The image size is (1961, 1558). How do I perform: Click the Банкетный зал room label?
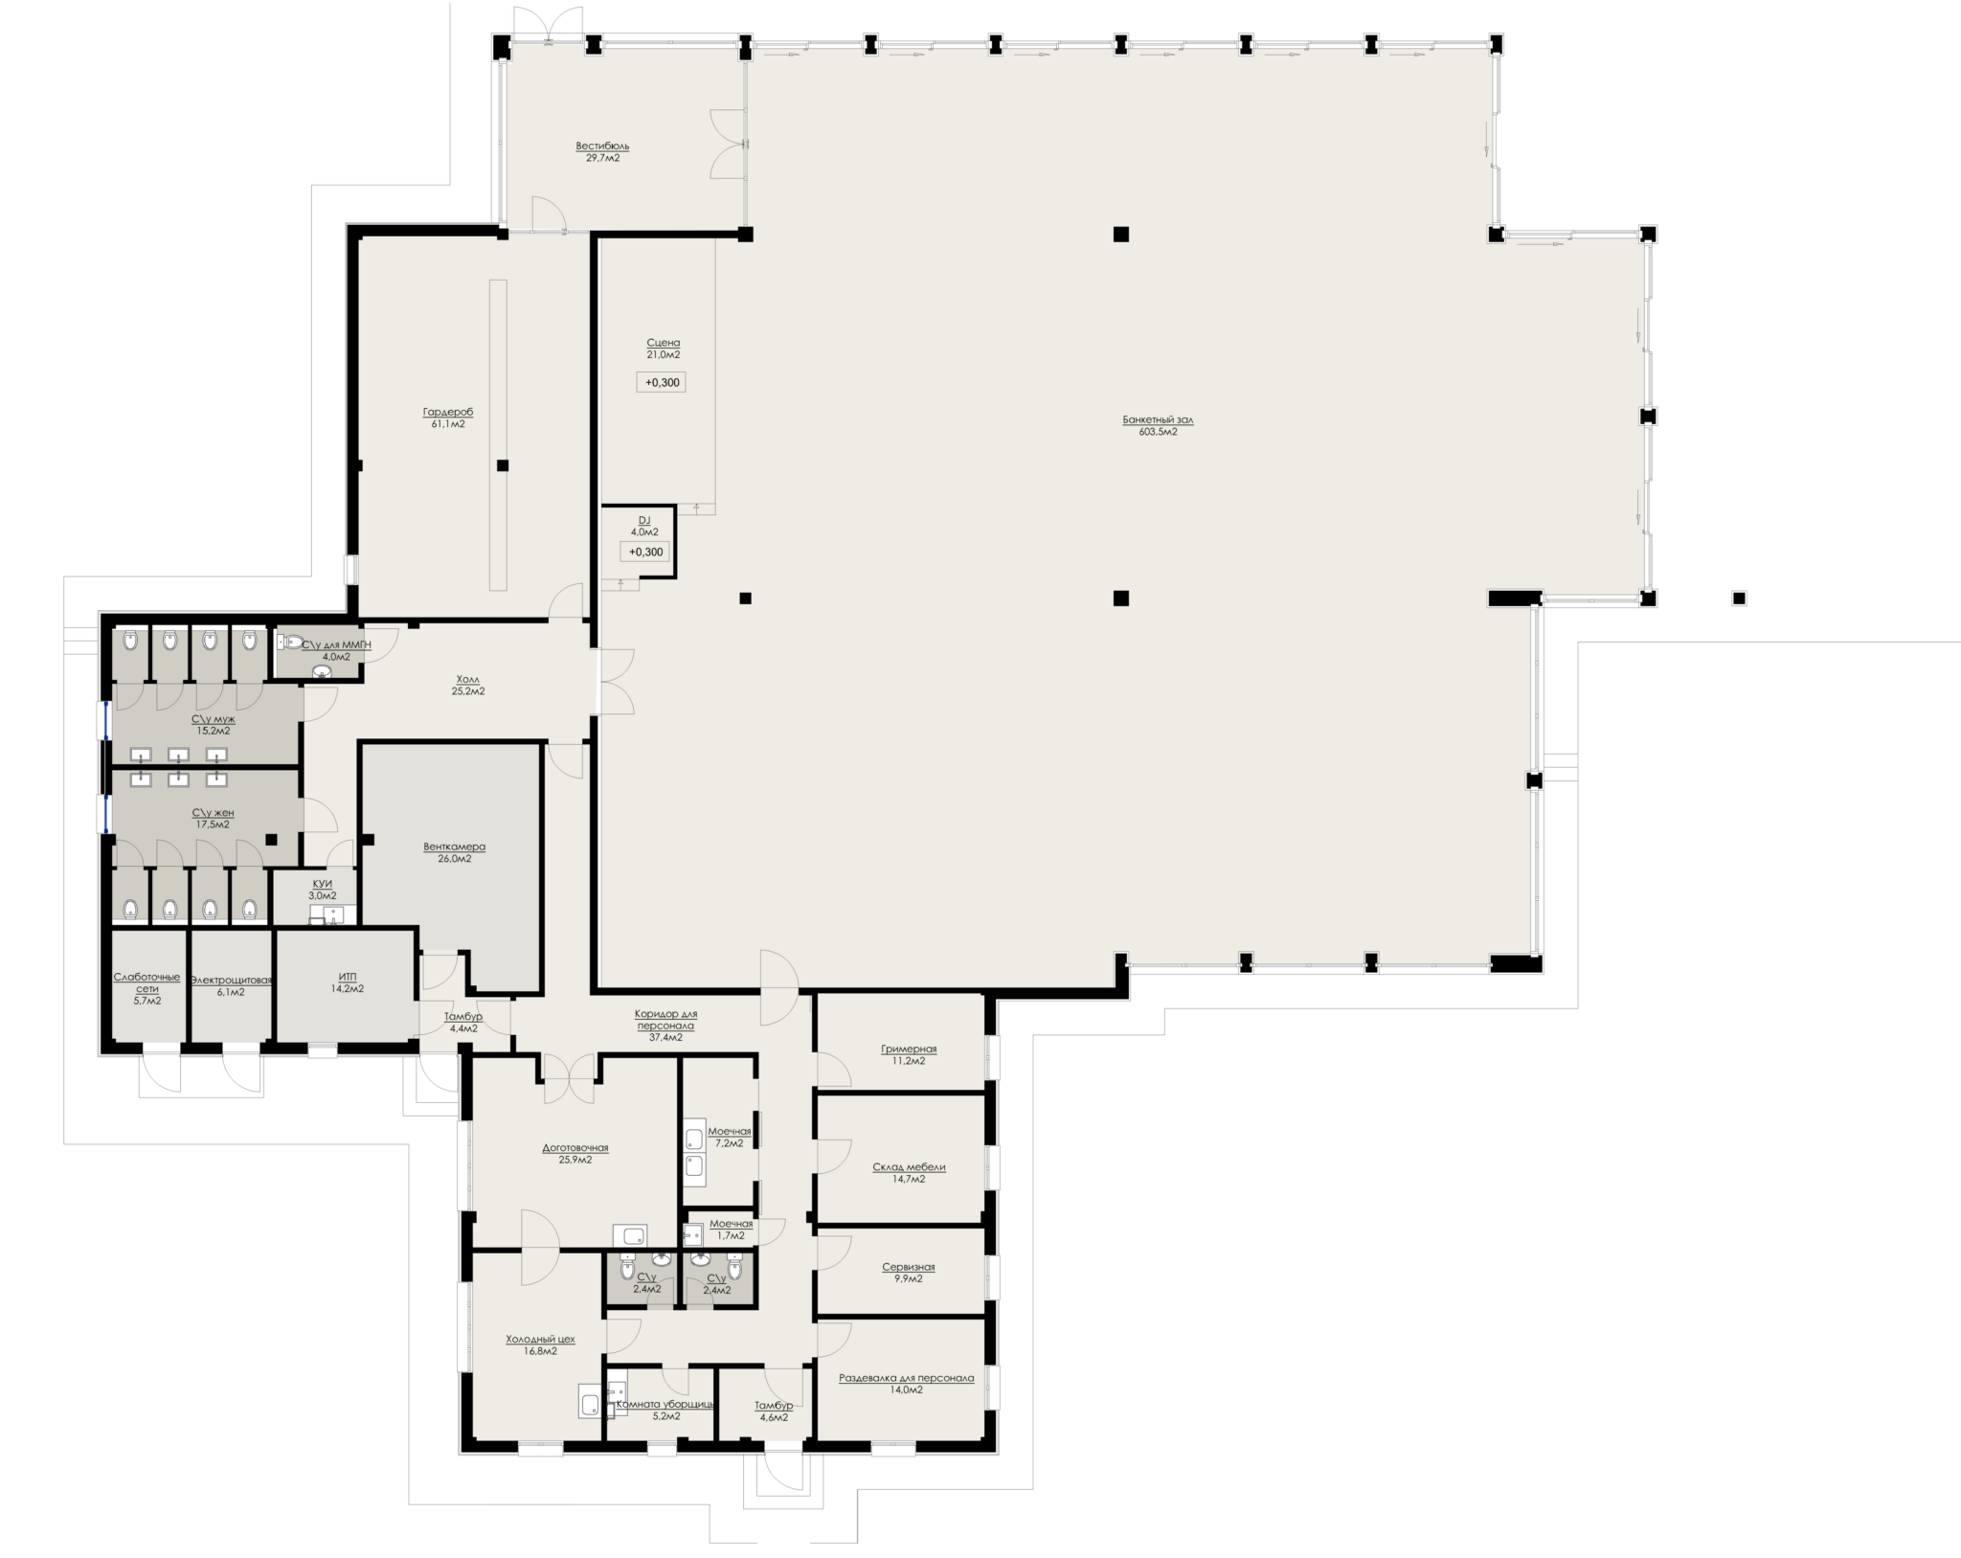click(x=1158, y=419)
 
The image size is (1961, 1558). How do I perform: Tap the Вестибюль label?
click(x=602, y=146)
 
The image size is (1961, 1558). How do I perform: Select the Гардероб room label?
click(x=448, y=412)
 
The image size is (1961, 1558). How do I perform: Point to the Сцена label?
click(x=663, y=342)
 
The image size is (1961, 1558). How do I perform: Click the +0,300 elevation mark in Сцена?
click(x=662, y=383)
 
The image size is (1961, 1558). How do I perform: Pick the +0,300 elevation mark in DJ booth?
click(x=645, y=552)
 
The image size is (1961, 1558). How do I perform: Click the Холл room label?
click(x=468, y=679)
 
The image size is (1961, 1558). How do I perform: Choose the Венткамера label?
click(x=454, y=847)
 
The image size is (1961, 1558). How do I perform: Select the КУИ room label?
click(x=323, y=883)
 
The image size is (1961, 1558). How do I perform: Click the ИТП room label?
click(x=348, y=976)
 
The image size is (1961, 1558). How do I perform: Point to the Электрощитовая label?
click(x=231, y=980)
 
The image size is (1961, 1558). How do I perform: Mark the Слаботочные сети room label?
click(x=147, y=982)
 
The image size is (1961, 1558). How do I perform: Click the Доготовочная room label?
click(x=575, y=1147)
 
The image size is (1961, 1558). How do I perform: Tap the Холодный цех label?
click(x=540, y=1339)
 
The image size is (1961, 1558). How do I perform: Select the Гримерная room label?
click(x=909, y=1049)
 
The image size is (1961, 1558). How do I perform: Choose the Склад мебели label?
click(x=909, y=1166)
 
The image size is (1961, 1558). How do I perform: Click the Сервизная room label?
click(x=909, y=1266)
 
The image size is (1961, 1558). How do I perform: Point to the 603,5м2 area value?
click(x=1158, y=432)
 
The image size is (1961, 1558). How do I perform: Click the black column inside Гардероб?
click(x=503, y=465)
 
